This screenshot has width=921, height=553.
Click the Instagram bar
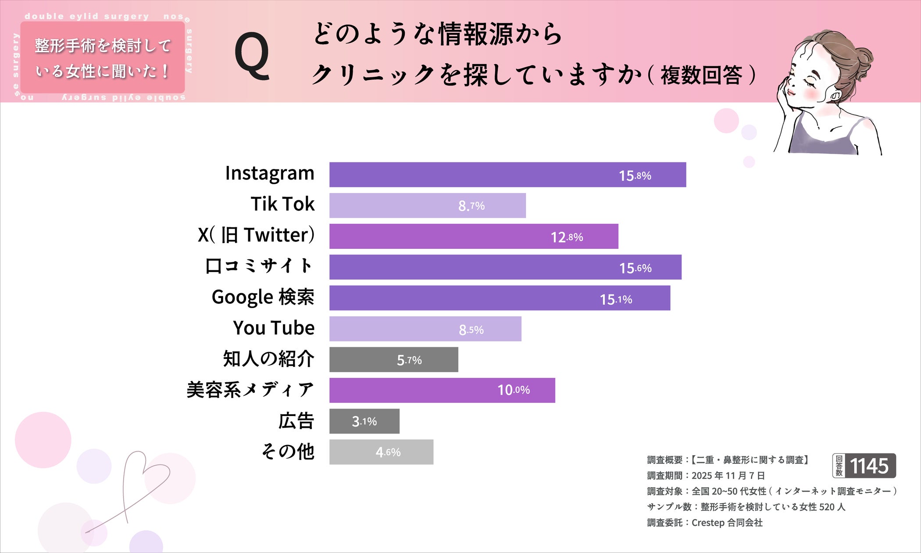click(507, 175)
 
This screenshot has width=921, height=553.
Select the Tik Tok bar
click(427, 205)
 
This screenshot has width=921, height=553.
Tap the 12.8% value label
click(567, 237)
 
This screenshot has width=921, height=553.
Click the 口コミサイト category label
click(259, 266)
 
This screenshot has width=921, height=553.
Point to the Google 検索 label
click(263, 297)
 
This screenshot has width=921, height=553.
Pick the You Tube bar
click(425, 329)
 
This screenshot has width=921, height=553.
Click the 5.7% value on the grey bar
click(409, 360)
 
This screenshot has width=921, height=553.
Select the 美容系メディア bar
click(442, 390)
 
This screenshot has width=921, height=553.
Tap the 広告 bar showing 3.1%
click(364, 421)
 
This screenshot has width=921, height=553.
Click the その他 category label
click(288, 452)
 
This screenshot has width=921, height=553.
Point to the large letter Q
click(252, 57)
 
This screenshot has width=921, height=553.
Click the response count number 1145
click(869, 466)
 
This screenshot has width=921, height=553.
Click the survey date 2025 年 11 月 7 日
click(728, 476)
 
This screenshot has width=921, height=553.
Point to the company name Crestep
click(708, 523)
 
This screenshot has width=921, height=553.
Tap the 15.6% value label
click(635, 268)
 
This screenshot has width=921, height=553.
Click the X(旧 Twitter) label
click(256, 235)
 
